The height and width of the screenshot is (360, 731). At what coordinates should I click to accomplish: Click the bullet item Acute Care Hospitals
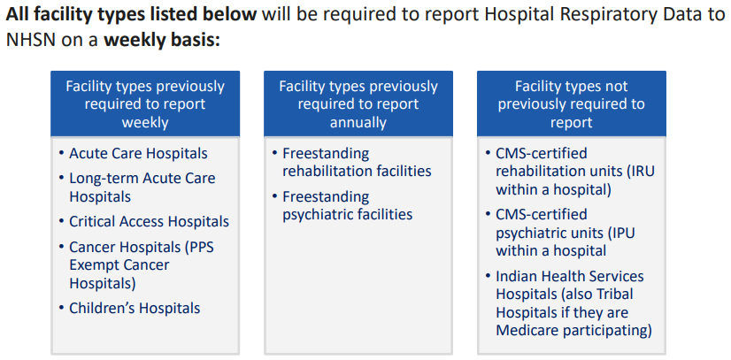click(138, 153)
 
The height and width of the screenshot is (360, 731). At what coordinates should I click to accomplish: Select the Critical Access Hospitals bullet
click(149, 221)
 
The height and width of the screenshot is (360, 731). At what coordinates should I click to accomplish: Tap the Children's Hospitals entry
click(135, 308)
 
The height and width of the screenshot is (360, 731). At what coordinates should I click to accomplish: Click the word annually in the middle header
click(358, 122)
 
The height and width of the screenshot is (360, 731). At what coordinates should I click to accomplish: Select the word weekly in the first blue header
click(145, 122)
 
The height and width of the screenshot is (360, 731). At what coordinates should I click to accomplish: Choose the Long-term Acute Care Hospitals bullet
click(142, 187)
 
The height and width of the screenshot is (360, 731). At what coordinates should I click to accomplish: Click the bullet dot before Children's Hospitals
click(61, 308)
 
